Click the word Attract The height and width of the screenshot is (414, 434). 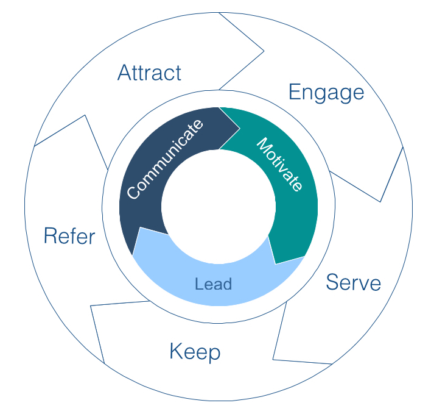tap(149, 73)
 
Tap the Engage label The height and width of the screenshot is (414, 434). tap(326, 93)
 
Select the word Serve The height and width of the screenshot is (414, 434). tap(353, 283)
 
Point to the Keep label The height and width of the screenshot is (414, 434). tap(194, 352)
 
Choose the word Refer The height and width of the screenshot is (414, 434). tap(69, 236)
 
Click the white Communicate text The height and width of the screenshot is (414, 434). tap(165, 160)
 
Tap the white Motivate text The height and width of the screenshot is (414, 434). tap(279, 165)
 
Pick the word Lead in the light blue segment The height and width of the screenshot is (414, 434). tap(214, 284)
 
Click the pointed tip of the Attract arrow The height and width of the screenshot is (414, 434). tap(264, 51)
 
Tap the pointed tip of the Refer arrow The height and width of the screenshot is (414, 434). tap(85, 115)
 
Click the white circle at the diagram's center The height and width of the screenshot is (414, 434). tap(218, 207)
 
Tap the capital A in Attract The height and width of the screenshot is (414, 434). tap(125, 73)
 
